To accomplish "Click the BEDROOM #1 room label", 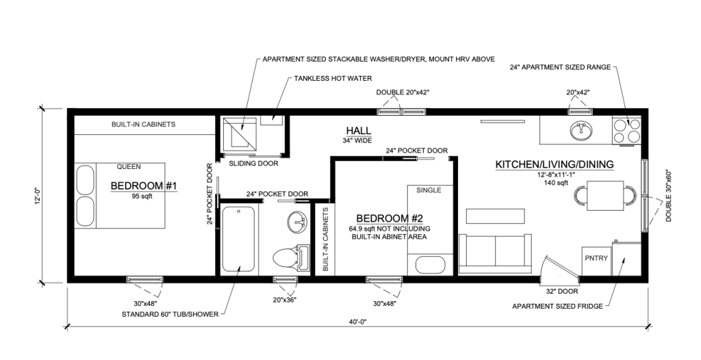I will coord(144,186).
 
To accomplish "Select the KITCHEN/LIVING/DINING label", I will coord(554,164).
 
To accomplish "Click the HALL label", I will coord(358,131).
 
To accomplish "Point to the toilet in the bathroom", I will coord(288,258).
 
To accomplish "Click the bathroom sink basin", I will coord(298,221).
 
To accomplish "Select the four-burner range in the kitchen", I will coord(627,130).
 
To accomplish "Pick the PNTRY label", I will coord(593,258).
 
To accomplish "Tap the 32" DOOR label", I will coord(561,290).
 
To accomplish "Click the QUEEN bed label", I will coord(129,166).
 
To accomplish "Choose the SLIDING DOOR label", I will coord(248,164).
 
